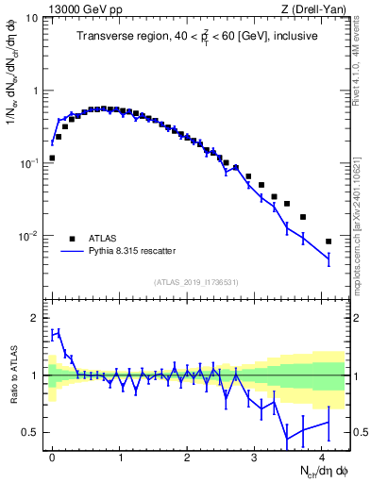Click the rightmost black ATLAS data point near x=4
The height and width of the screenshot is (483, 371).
coord(328,241)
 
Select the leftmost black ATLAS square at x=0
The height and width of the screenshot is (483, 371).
coord(52,158)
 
